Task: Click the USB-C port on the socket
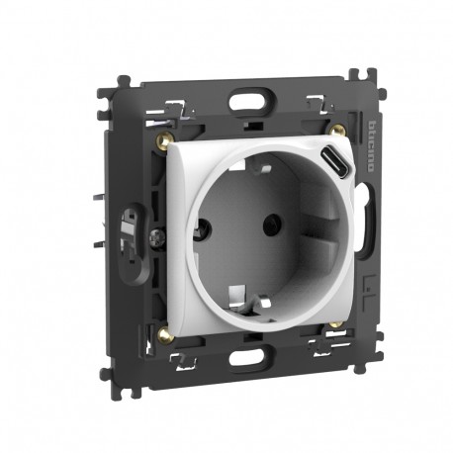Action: point(336,158)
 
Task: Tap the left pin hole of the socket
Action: point(205,226)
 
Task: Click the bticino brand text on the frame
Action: point(371,146)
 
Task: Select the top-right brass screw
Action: point(338,130)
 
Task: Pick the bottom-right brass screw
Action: point(337,323)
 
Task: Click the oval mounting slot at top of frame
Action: point(251,99)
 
